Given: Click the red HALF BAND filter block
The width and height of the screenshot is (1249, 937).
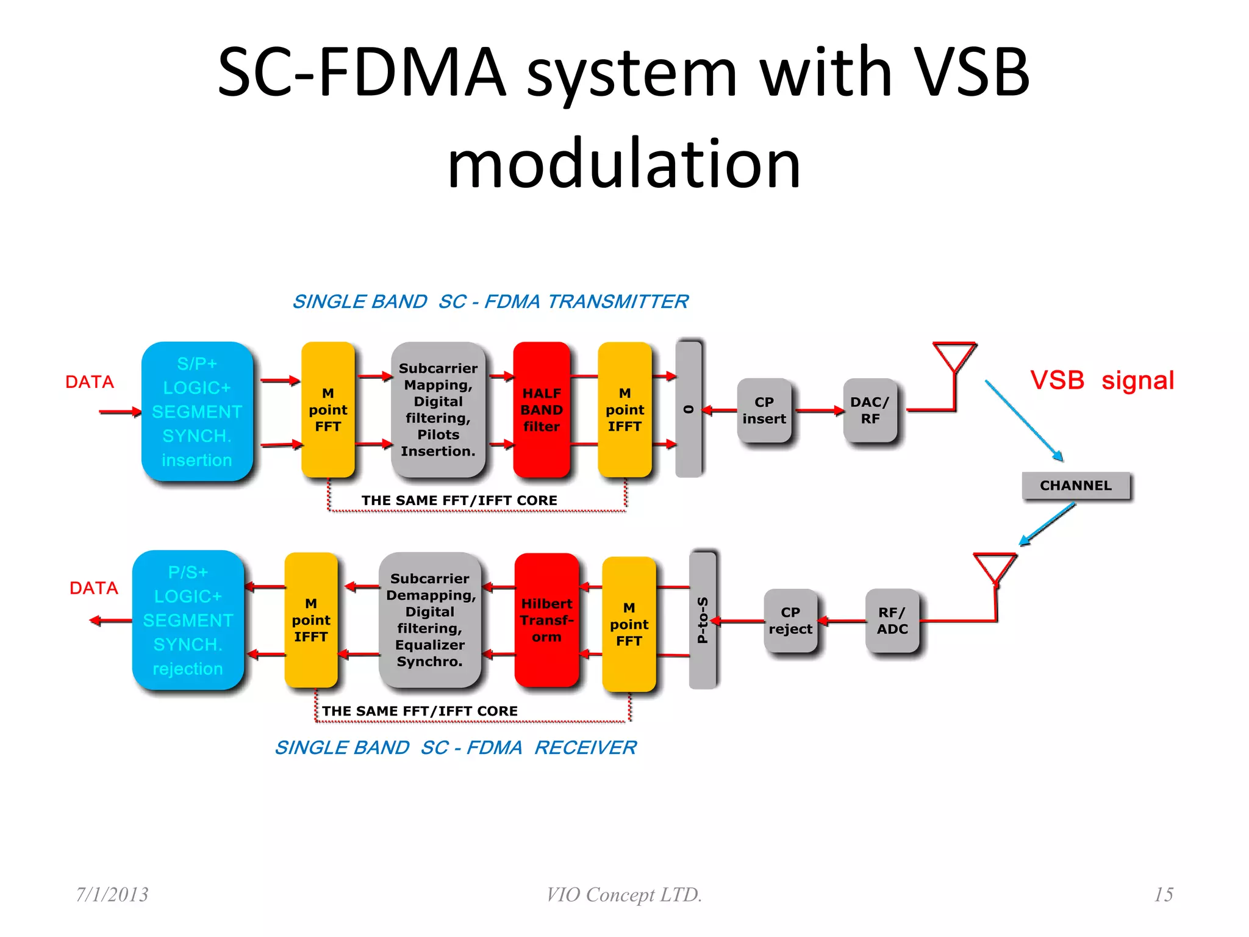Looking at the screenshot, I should pyautogui.click(x=541, y=410).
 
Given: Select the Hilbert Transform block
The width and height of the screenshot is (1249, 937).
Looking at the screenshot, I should pyautogui.click(x=546, y=620).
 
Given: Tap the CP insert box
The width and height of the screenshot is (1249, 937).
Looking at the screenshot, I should pyautogui.click(x=764, y=411).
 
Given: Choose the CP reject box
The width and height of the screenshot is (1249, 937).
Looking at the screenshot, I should pyautogui.click(x=790, y=620).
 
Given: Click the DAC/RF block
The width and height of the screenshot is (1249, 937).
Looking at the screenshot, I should pyautogui.click(x=870, y=411).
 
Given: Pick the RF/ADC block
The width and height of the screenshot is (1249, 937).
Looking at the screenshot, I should pyautogui.click(x=892, y=620).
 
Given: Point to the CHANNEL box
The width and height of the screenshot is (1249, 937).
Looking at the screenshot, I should pyautogui.click(x=1076, y=486).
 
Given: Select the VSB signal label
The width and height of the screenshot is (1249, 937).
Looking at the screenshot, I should pyautogui.click(x=1101, y=381).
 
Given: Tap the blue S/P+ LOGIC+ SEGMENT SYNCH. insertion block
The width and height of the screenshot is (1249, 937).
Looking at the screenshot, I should pyautogui.click(x=197, y=411).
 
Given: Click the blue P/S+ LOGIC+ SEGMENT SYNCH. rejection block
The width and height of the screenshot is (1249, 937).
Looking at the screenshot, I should pyautogui.click(x=188, y=620).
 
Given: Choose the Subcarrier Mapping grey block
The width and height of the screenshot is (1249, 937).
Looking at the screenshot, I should pyautogui.click(x=438, y=410).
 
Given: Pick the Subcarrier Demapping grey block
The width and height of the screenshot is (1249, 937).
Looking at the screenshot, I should pyautogui.click(x=430, y=620).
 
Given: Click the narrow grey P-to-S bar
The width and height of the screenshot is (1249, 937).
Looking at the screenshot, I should pyautogui.click(x=702, y=620).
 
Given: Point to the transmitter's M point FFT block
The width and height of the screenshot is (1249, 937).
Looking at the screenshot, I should pyautogui.click(x=328, y=410).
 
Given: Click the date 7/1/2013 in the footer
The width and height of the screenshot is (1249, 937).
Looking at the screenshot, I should pyautogui.click(x=112, y=894).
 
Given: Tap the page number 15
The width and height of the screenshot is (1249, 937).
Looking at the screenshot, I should pyautogui.click(x=1163, y=894).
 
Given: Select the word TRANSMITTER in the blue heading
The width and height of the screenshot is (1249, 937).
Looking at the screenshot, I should pyautogui.click(x=617, y=301).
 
